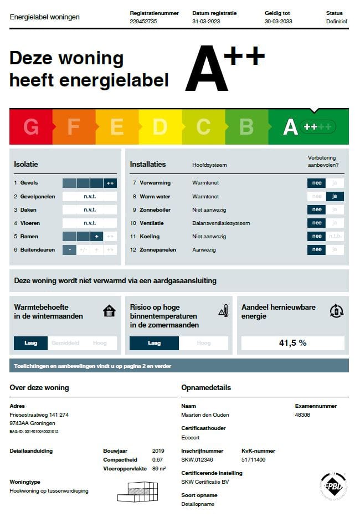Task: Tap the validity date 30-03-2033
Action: coord(279,22)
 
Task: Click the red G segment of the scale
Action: coord(31,127)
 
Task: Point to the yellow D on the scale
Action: coord(160,127)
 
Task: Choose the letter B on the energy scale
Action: coord(246,127)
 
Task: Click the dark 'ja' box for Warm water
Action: coord(335,196)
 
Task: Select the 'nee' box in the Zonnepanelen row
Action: coord(317,250)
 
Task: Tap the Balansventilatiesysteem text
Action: coord(221,223)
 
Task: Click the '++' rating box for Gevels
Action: coord(110,183)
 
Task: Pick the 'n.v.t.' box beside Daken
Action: coord(90,210)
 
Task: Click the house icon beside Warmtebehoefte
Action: coord(110,311)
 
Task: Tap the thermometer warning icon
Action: coord(223,311)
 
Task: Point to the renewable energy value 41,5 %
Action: coord(292,343)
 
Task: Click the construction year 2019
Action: coord(158,451)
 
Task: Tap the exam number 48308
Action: coord(303,414)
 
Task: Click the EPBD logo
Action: coord(333,486)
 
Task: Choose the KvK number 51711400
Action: coord(254,459)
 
